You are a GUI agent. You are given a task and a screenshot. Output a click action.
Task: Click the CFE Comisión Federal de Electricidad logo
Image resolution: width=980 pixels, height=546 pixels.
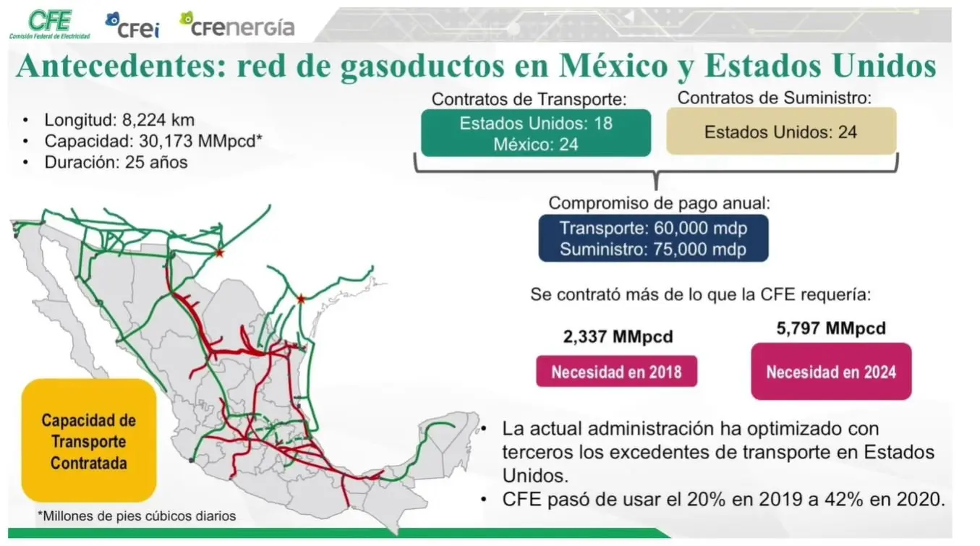point(49,25)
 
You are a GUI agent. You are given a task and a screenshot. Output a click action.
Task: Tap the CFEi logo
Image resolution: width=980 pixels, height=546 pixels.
point(132,25)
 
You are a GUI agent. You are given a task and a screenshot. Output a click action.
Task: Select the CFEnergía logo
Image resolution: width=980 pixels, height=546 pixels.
point(237,25)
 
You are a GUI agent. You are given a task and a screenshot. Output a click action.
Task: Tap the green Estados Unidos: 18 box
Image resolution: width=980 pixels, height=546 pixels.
point(536,133)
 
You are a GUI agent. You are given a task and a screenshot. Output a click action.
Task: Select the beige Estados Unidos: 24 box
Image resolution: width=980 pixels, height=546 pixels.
point(781,132)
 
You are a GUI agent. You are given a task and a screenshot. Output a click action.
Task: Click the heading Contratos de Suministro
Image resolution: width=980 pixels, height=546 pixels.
point(775,98)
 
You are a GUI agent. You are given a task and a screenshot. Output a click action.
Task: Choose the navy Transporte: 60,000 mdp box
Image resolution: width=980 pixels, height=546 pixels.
point(653,239)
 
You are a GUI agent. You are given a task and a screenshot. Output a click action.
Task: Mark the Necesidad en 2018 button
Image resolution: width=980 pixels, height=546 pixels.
point(616,372)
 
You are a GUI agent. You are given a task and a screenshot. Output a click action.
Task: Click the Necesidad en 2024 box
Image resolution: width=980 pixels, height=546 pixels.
point(831,372)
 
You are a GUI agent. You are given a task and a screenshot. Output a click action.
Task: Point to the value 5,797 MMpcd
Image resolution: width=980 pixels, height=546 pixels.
point(831,328)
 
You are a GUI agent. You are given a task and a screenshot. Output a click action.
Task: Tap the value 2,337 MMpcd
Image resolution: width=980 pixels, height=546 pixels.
point(618,336)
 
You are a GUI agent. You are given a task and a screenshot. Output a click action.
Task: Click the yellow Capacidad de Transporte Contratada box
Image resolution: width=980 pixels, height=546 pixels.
point(89,440)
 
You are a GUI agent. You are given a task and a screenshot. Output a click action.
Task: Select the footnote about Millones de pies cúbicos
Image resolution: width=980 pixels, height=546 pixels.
point(137,516)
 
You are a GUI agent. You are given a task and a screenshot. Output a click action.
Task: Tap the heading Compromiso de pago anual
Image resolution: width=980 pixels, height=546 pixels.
point(660,203)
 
